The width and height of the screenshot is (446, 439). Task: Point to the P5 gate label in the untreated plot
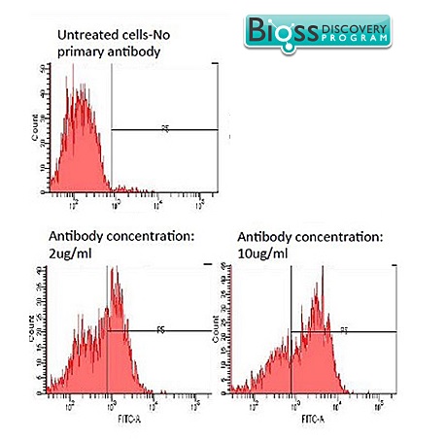click(166, 127)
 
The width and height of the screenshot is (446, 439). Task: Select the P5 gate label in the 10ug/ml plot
click(343, 330)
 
